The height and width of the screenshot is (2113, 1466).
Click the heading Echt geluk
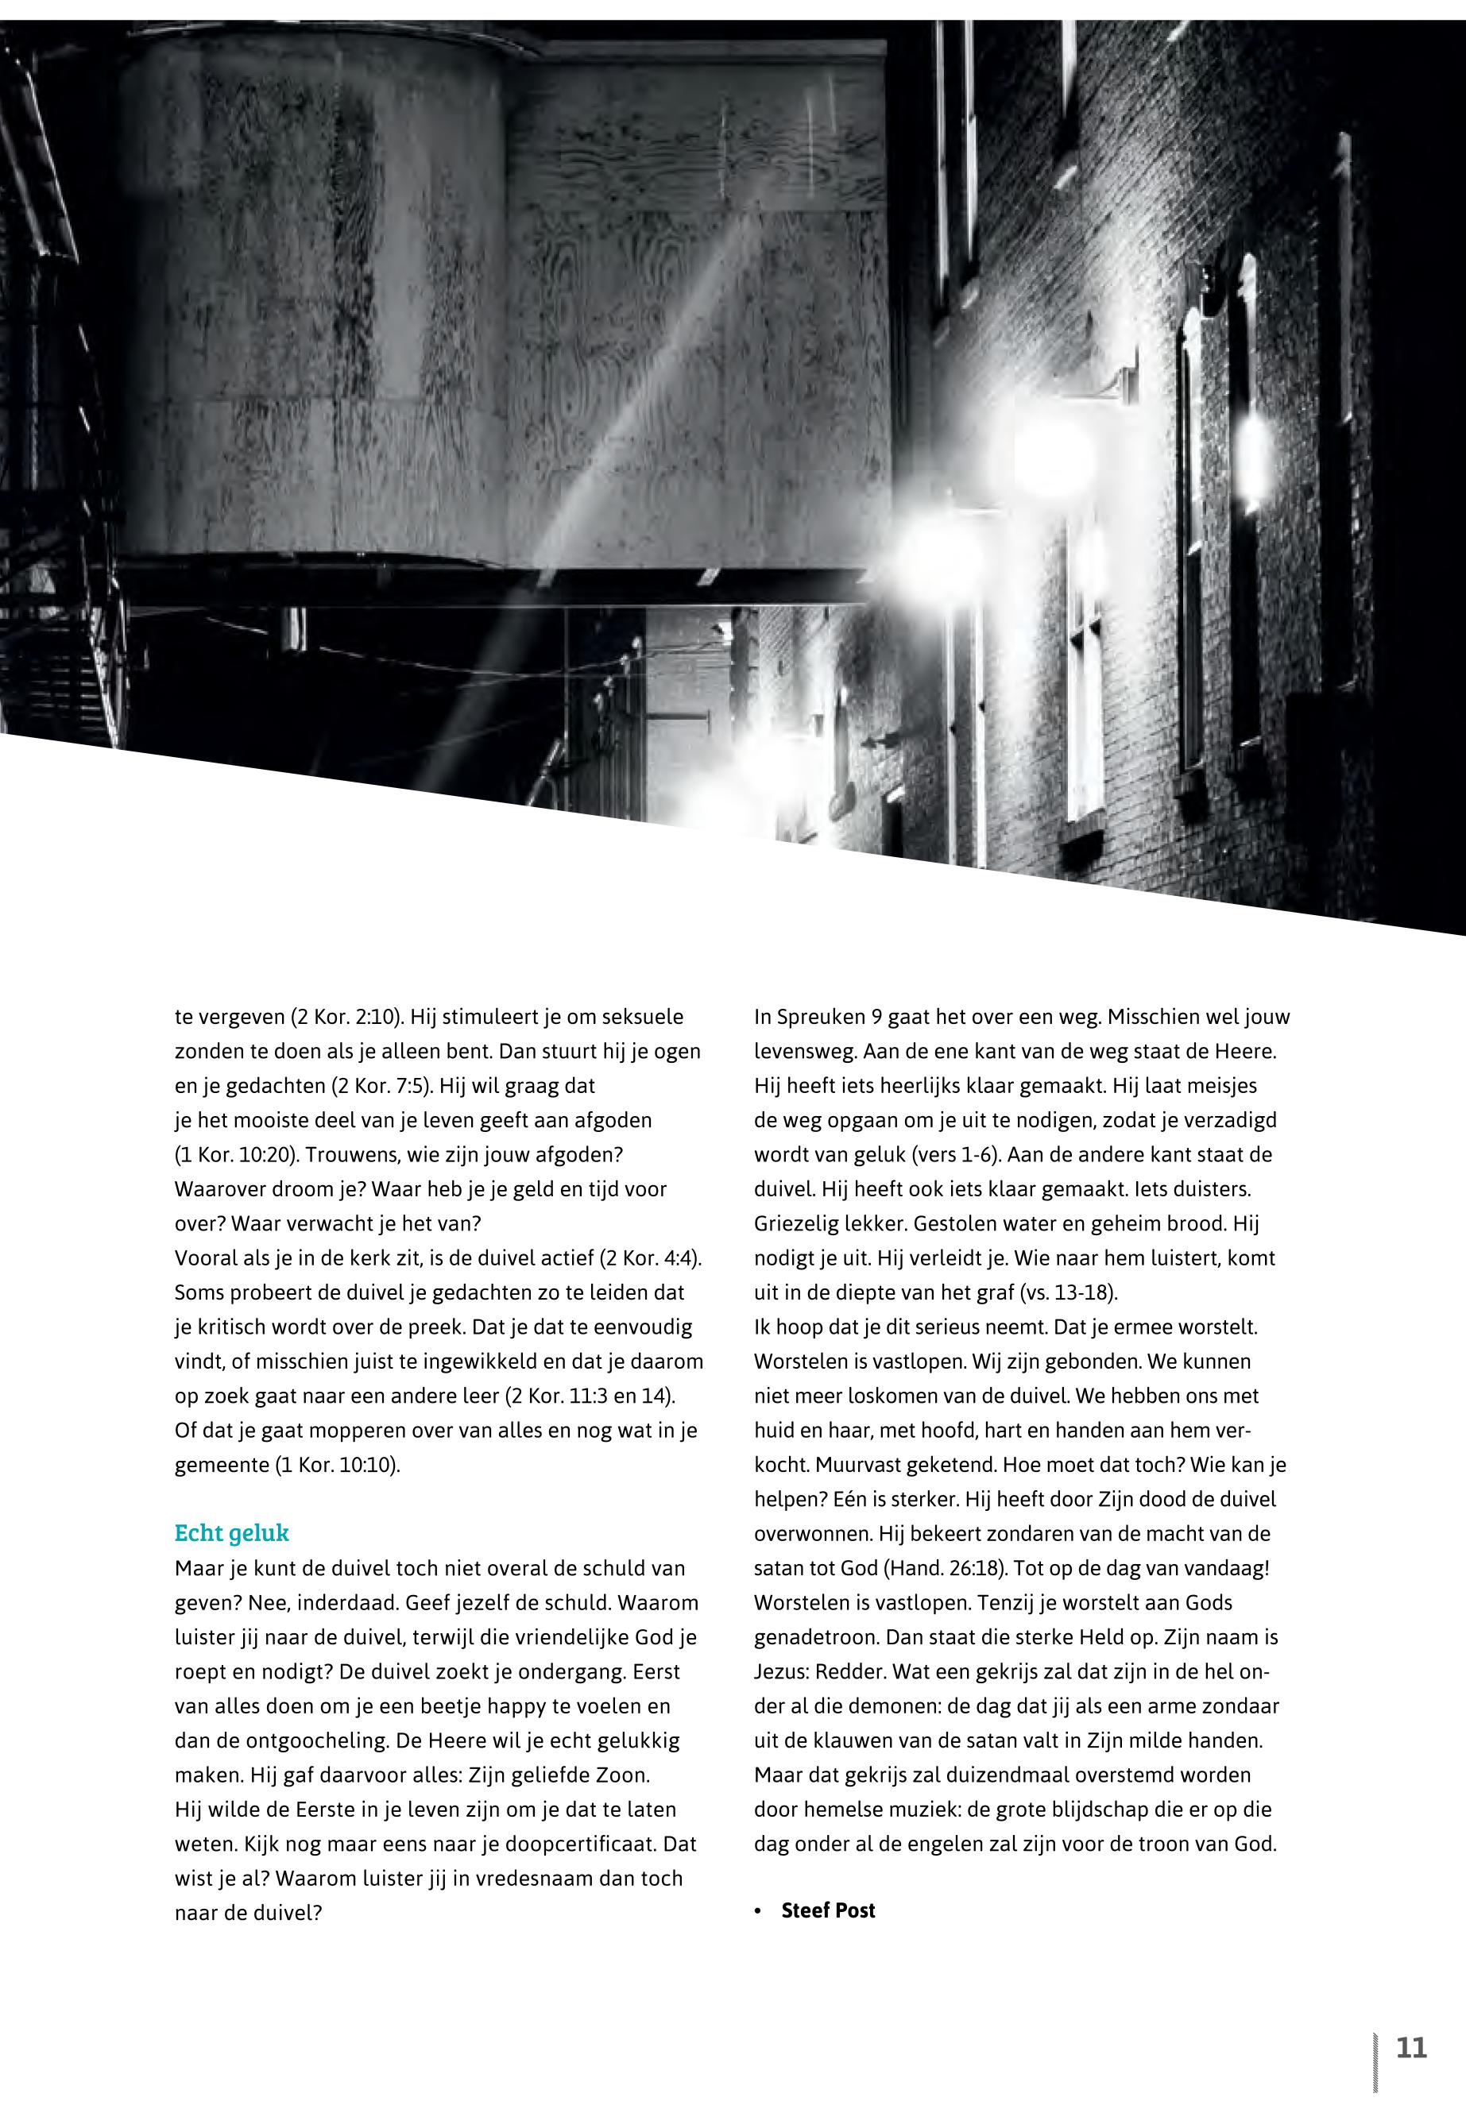[x=231, y=1532]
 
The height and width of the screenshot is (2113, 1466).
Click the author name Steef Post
[x=828, y=1911]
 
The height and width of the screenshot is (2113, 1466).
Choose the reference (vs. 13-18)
[x=1068, y=1293]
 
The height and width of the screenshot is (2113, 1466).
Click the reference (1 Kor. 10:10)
[x=337, y=1465]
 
